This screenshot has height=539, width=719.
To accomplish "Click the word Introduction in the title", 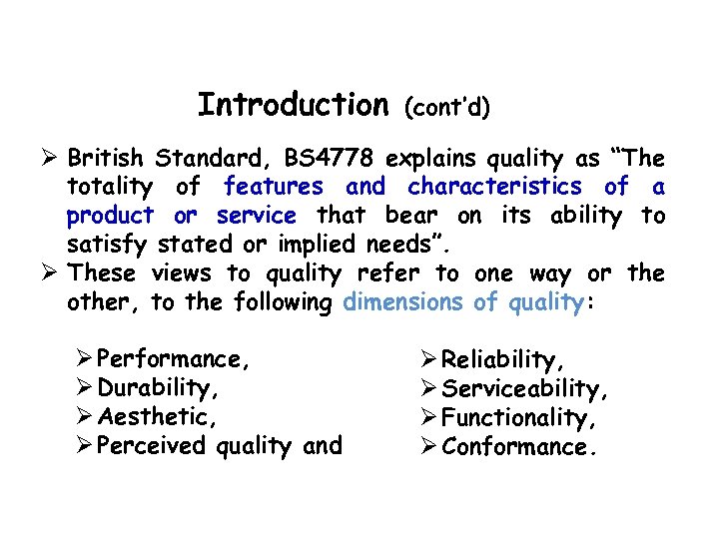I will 293,105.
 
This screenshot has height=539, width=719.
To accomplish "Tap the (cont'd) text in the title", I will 446,107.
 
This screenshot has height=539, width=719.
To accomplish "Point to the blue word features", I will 274,187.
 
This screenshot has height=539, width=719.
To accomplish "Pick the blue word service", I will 257,216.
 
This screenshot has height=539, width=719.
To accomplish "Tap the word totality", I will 109,187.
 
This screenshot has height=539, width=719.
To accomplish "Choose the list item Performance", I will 175,359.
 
